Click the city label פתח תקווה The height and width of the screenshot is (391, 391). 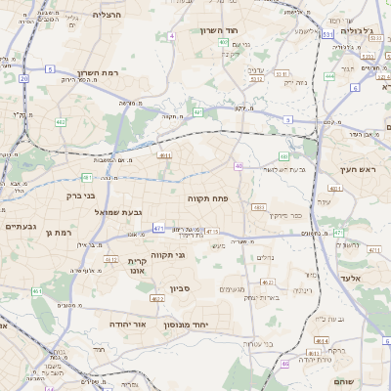pyautogui.click(x=208, y=197)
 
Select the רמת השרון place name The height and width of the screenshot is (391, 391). pyautogui.click(x=96, y=72)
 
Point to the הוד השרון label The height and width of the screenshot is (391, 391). pyautogui.click(x=220, y=30)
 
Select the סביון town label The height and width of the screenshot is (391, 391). pyautogui.click(x=180, y=287)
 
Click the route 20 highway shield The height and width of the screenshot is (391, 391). pyautogui.click(x=23, y=77)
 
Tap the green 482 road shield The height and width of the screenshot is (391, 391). pyautogui.click(x=61, y=122)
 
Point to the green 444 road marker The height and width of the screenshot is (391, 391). pyautogui.click(x=330, y=75)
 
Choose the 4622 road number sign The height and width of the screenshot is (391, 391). pyautogui.click(x=157, y=299)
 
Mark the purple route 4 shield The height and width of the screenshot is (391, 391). pyautogui.click(x=172, y=35)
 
